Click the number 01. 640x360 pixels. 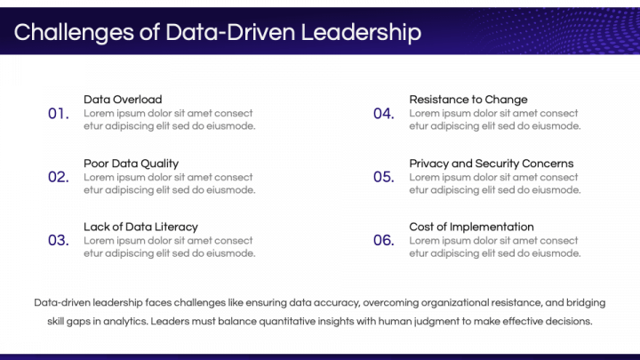pyautogui.click(x=58, y=114)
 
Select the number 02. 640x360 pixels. pyautogui.click(x=58, y=177)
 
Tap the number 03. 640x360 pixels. pyautogui.click(x=58, y=240)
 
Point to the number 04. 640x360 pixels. pyautogui.click(x=383, y=114)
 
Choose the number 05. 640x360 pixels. pyautogui.click(x=383, y=177)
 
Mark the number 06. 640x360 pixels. pyautogui.click(x=383, y=240)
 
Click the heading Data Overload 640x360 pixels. pyautogui.click(x=123, y=100)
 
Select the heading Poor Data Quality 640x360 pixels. pyautogui.click(x=131, y=164)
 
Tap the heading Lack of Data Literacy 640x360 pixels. pyautogui.click(x=140, y=227)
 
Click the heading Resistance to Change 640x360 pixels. pyautogui.click(x=468, y=100)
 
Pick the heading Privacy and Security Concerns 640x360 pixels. pyautogui.click(x=491, y=164)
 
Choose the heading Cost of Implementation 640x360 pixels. pyautogui.click(x=471, y=227)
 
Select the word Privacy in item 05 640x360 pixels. pyautogui.click(x=428, y=164)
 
